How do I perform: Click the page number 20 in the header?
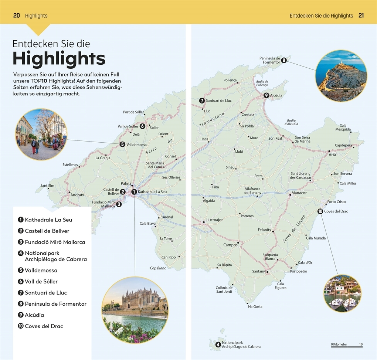(16, 16)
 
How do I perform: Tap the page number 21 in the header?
(361, 16)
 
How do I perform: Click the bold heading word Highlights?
(59, 59)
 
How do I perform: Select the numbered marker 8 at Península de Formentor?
(284, 61)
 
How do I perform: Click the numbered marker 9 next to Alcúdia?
(266, 95)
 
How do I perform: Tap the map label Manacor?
(299, 193)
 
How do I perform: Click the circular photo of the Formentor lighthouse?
(341, 76)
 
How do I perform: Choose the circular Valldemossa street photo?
(41, 134)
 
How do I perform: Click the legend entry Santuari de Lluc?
(43, 293)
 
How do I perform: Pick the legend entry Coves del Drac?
(44, 326)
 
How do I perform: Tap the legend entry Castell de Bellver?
(47, 231)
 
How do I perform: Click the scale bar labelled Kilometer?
(347, 345)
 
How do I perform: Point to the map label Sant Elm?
(47, 186)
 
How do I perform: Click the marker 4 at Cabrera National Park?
(218, 344)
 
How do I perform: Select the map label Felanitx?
(265, 230)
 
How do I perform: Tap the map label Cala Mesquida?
(343, 128)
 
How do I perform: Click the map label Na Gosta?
(255, 306)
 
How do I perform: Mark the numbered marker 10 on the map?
(320, 211)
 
